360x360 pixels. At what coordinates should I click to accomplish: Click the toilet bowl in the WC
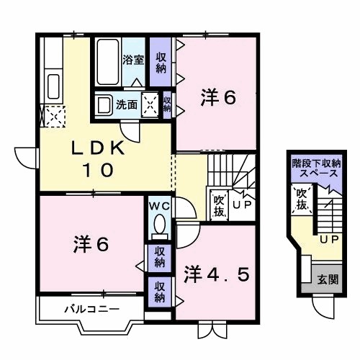tap(159, 224)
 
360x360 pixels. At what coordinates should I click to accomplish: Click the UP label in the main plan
tap(243, 206)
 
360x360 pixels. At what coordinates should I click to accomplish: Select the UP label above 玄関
tap(329, 240)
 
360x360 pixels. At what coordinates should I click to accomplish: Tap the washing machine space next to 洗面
tap(151, 105)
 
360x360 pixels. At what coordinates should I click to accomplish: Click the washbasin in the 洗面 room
tap(105, 104)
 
